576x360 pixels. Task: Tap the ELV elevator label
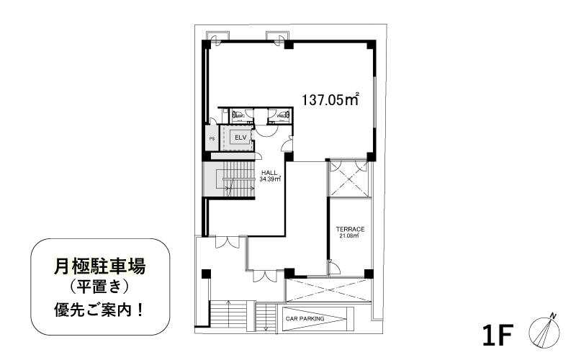(x=239, y=137)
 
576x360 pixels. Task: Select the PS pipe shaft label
(x=212, y=138)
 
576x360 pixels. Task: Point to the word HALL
(x=270, y=173)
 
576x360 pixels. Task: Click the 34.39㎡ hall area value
(x=270, y=179)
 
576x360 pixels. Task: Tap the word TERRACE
(x=351, y=229)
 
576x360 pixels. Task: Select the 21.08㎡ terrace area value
(x=349, y=235)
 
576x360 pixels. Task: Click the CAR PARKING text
(x=305, y=318)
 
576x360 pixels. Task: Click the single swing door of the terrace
(x=333, y=269)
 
